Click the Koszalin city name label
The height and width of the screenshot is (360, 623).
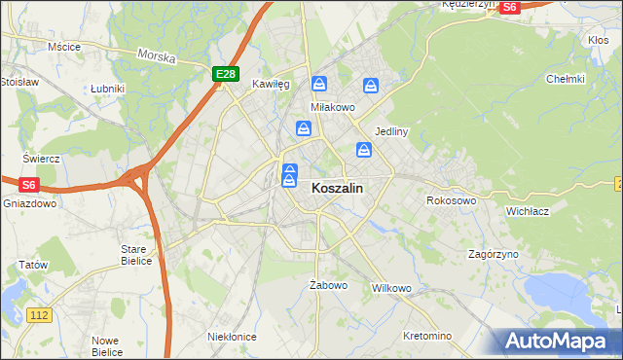tap(338, 191)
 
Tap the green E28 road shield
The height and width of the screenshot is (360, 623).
tap(225, 74)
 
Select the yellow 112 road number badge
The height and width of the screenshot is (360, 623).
tap(39, 314)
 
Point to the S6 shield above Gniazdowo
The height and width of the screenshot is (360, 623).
tap(28, 184)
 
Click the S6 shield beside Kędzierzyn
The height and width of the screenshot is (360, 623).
tap(510, 7)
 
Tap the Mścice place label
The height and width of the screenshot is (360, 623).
tap(63, 46)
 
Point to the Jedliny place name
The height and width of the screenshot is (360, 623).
tap(390, 131)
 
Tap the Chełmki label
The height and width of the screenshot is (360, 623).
tap(565, 79)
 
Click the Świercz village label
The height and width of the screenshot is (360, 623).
tap(43, 159)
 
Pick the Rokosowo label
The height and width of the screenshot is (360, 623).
tap(451, 200)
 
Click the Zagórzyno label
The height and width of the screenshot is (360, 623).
tap(493, 254)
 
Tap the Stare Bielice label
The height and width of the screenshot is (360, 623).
tap(134, 255)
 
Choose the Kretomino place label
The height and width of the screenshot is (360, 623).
tap(427, 336)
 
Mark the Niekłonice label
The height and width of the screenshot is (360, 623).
tap(232, 336)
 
